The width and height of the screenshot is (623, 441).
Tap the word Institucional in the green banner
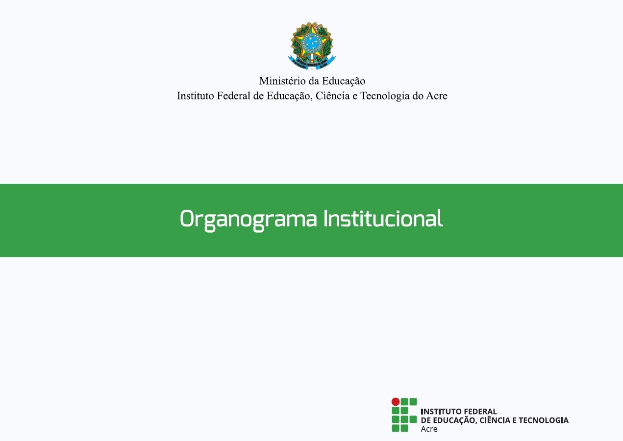coord(383,218)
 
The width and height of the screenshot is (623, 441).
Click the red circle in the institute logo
coord(396,401)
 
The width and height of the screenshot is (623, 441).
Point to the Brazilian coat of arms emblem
coord(312,46)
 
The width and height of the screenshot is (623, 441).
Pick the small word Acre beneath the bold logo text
coord(429,429)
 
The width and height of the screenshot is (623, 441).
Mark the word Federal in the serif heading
coord(233,96)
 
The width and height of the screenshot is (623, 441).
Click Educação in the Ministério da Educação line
coord(344,81)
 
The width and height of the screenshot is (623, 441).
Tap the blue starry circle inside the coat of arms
coord(312,43)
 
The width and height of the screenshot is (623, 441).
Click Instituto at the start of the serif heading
coord(196,96)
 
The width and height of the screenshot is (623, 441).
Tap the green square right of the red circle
coord(404,401)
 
